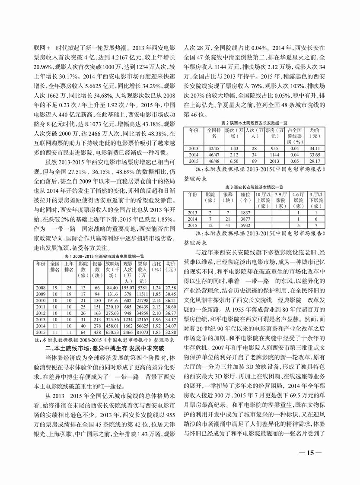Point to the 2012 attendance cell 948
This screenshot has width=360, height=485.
(x=128, y=312)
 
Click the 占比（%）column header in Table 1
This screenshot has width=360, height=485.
(x=157, y=266)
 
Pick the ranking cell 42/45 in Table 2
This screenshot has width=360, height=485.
(x=213, y=149)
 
